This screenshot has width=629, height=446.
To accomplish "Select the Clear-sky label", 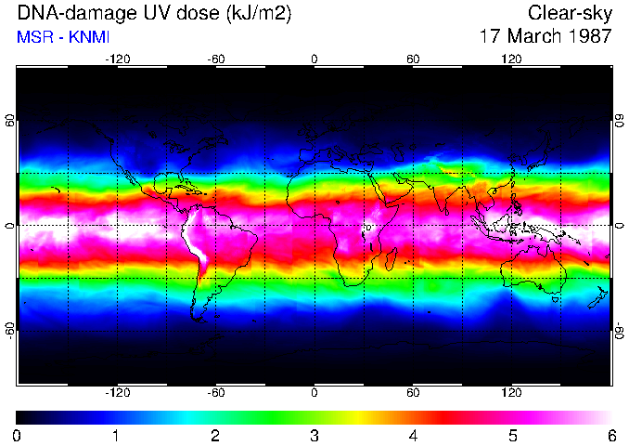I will coord(570,13).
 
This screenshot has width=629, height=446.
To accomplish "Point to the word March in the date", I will coord(533,37).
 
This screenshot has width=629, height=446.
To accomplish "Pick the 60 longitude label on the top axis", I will coord(413,59).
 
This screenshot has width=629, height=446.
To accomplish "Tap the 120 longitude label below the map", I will coord(512,392).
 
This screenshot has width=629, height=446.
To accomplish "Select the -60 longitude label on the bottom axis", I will coord(215,392).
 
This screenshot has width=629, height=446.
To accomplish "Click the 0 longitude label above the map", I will coord(314,59).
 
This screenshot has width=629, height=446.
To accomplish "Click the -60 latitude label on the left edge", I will coord(10,330).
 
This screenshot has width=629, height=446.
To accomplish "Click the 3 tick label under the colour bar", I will coord(314,435).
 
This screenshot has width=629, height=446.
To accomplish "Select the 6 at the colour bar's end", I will coord(610,435).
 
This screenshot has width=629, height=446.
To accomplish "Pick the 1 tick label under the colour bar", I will coord(116,435).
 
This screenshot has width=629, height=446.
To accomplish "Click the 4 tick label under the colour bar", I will coord(413,435).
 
